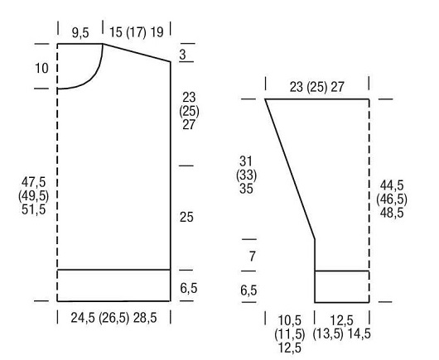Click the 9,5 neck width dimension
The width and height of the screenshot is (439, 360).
80,33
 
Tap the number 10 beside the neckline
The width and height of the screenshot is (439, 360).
41,68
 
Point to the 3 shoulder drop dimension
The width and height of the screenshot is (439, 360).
182,55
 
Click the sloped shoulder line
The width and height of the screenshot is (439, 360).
137,53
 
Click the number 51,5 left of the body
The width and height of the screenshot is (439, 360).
34,209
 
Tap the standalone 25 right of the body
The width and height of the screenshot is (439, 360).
186,218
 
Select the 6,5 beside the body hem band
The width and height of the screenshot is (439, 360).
189,288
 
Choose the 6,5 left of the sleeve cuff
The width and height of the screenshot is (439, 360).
248,290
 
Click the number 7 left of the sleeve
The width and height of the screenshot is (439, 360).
253,257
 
